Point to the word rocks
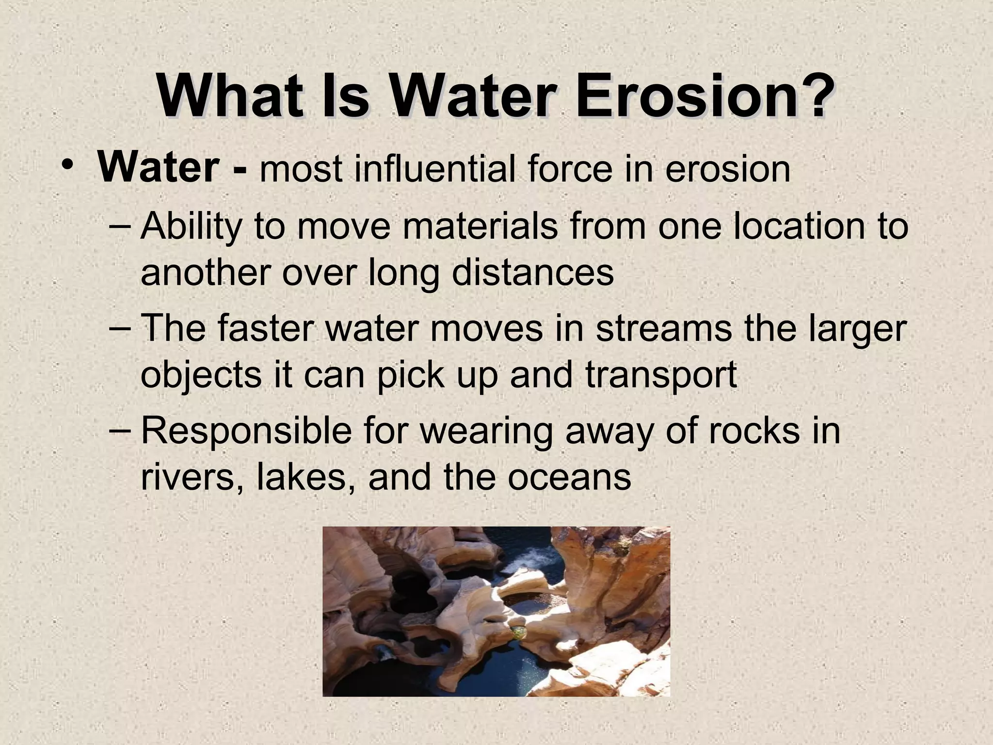tap(753, 430)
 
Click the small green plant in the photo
tap(519, 632)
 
